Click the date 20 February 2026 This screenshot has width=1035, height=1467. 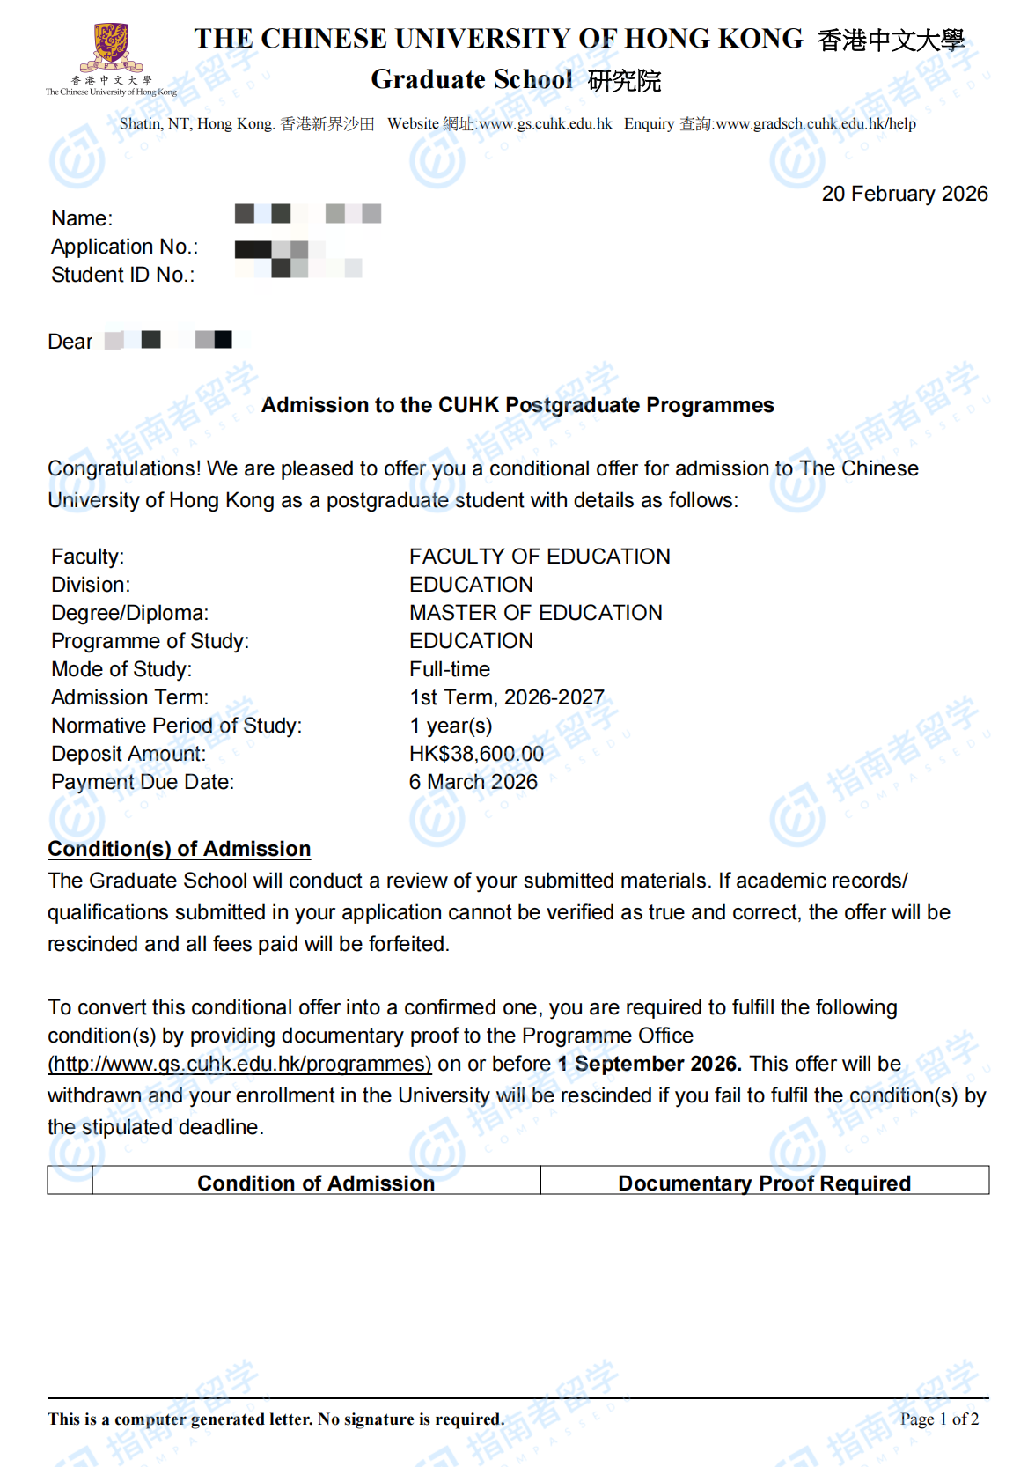(x=904, y=194)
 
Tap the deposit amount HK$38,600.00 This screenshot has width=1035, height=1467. (x=476, y=754)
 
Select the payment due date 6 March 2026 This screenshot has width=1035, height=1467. (x=473, y=782)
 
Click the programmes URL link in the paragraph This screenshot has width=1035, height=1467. (x=239, y=1064)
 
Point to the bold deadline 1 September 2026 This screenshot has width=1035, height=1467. (x=650, y=1064)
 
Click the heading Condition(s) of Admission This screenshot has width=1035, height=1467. (x=179, y=849)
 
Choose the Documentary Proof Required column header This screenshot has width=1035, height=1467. (x=764, y=1183)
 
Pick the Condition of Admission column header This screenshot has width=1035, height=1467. (x=316, y=1183)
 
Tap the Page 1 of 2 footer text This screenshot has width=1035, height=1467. (x=939, y=1419)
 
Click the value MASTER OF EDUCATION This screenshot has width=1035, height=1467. (x=535, y=613)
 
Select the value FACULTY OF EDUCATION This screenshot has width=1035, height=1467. (x=540, y=557)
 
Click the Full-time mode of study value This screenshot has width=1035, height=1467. (x=450, y=669)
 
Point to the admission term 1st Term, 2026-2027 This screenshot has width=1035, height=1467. (x=506, y=697)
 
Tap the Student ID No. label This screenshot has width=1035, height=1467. (x=122, y=275)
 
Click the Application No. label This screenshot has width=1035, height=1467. (x=124, y=247)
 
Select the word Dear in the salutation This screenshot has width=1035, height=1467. (x=70, y=342)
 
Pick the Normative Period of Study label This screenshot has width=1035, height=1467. (x=176, y=726)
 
